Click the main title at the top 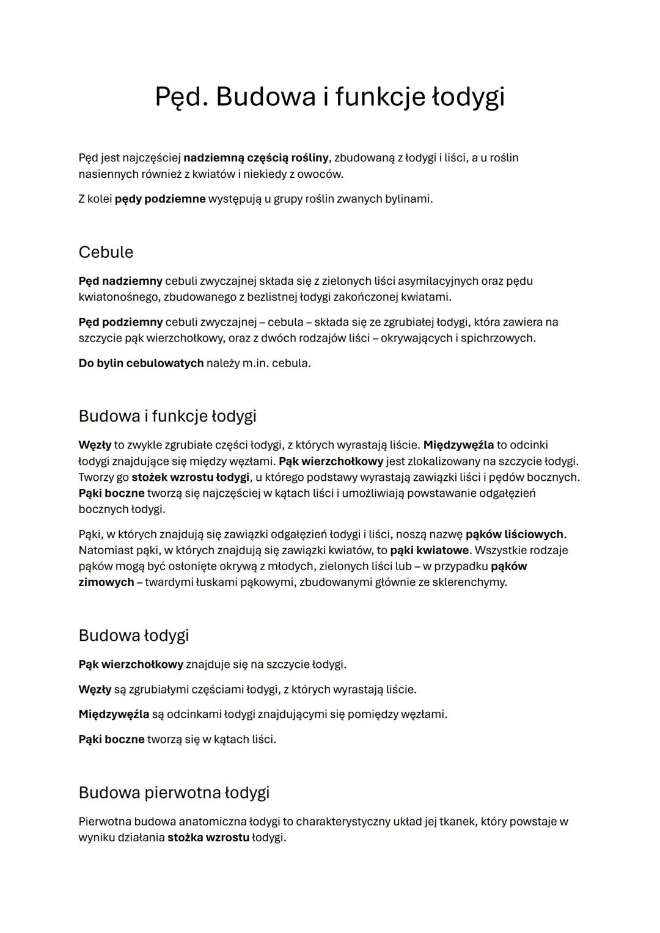tap(329, 97)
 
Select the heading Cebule tap(106, 252)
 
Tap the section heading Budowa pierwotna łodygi tap(174, 792)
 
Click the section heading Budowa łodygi tap(134, 635)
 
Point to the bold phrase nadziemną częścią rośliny tap(256, 158)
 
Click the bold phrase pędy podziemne tap(160, 199)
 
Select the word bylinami tap(408, 199)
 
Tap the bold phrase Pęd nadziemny tap(120, 281)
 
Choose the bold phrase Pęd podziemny tap(120, 322)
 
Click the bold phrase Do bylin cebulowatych tap(141, 363)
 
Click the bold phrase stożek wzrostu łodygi tap(191, 477)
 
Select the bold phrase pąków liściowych tap(514, 535)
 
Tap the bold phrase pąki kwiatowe tap(429, 551)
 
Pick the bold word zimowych tap(106, 582)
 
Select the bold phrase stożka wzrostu tap(208, 838)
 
